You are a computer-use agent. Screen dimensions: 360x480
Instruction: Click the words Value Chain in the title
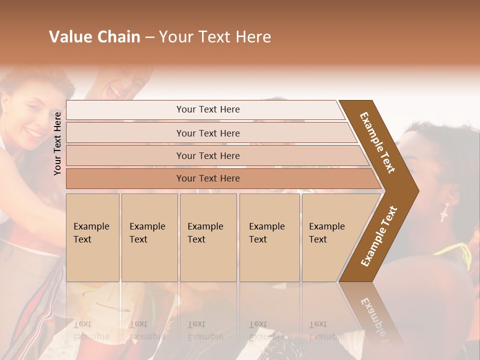(x=94, y=37)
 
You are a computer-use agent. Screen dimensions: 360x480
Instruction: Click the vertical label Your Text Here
(x=57, y=143)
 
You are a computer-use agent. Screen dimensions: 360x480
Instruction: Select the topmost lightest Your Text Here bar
(x=207, y=109)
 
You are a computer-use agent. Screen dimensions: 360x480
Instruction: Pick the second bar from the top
(x=207, y=133)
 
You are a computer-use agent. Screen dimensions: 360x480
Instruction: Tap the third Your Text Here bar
(x=207, y=155)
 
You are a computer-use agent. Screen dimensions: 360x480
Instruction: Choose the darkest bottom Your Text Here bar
(x=207, y=178)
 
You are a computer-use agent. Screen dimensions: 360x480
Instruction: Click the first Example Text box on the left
(x=92, y=237)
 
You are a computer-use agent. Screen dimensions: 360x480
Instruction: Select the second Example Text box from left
(x=149, y=237)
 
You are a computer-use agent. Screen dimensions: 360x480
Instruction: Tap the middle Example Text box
(x=208, y=237)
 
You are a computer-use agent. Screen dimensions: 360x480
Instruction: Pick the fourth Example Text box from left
(x=269, y=237)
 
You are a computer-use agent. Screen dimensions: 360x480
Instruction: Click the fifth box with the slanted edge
(x=330, y=237)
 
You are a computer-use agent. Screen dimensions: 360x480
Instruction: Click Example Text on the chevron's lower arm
(x=379, y=236)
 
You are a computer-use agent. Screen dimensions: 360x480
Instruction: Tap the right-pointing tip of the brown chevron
(x=415, y=190)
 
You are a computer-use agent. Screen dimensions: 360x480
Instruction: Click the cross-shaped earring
(x=444, y=213)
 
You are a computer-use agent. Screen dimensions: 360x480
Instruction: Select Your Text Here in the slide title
(x=215, y=37)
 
